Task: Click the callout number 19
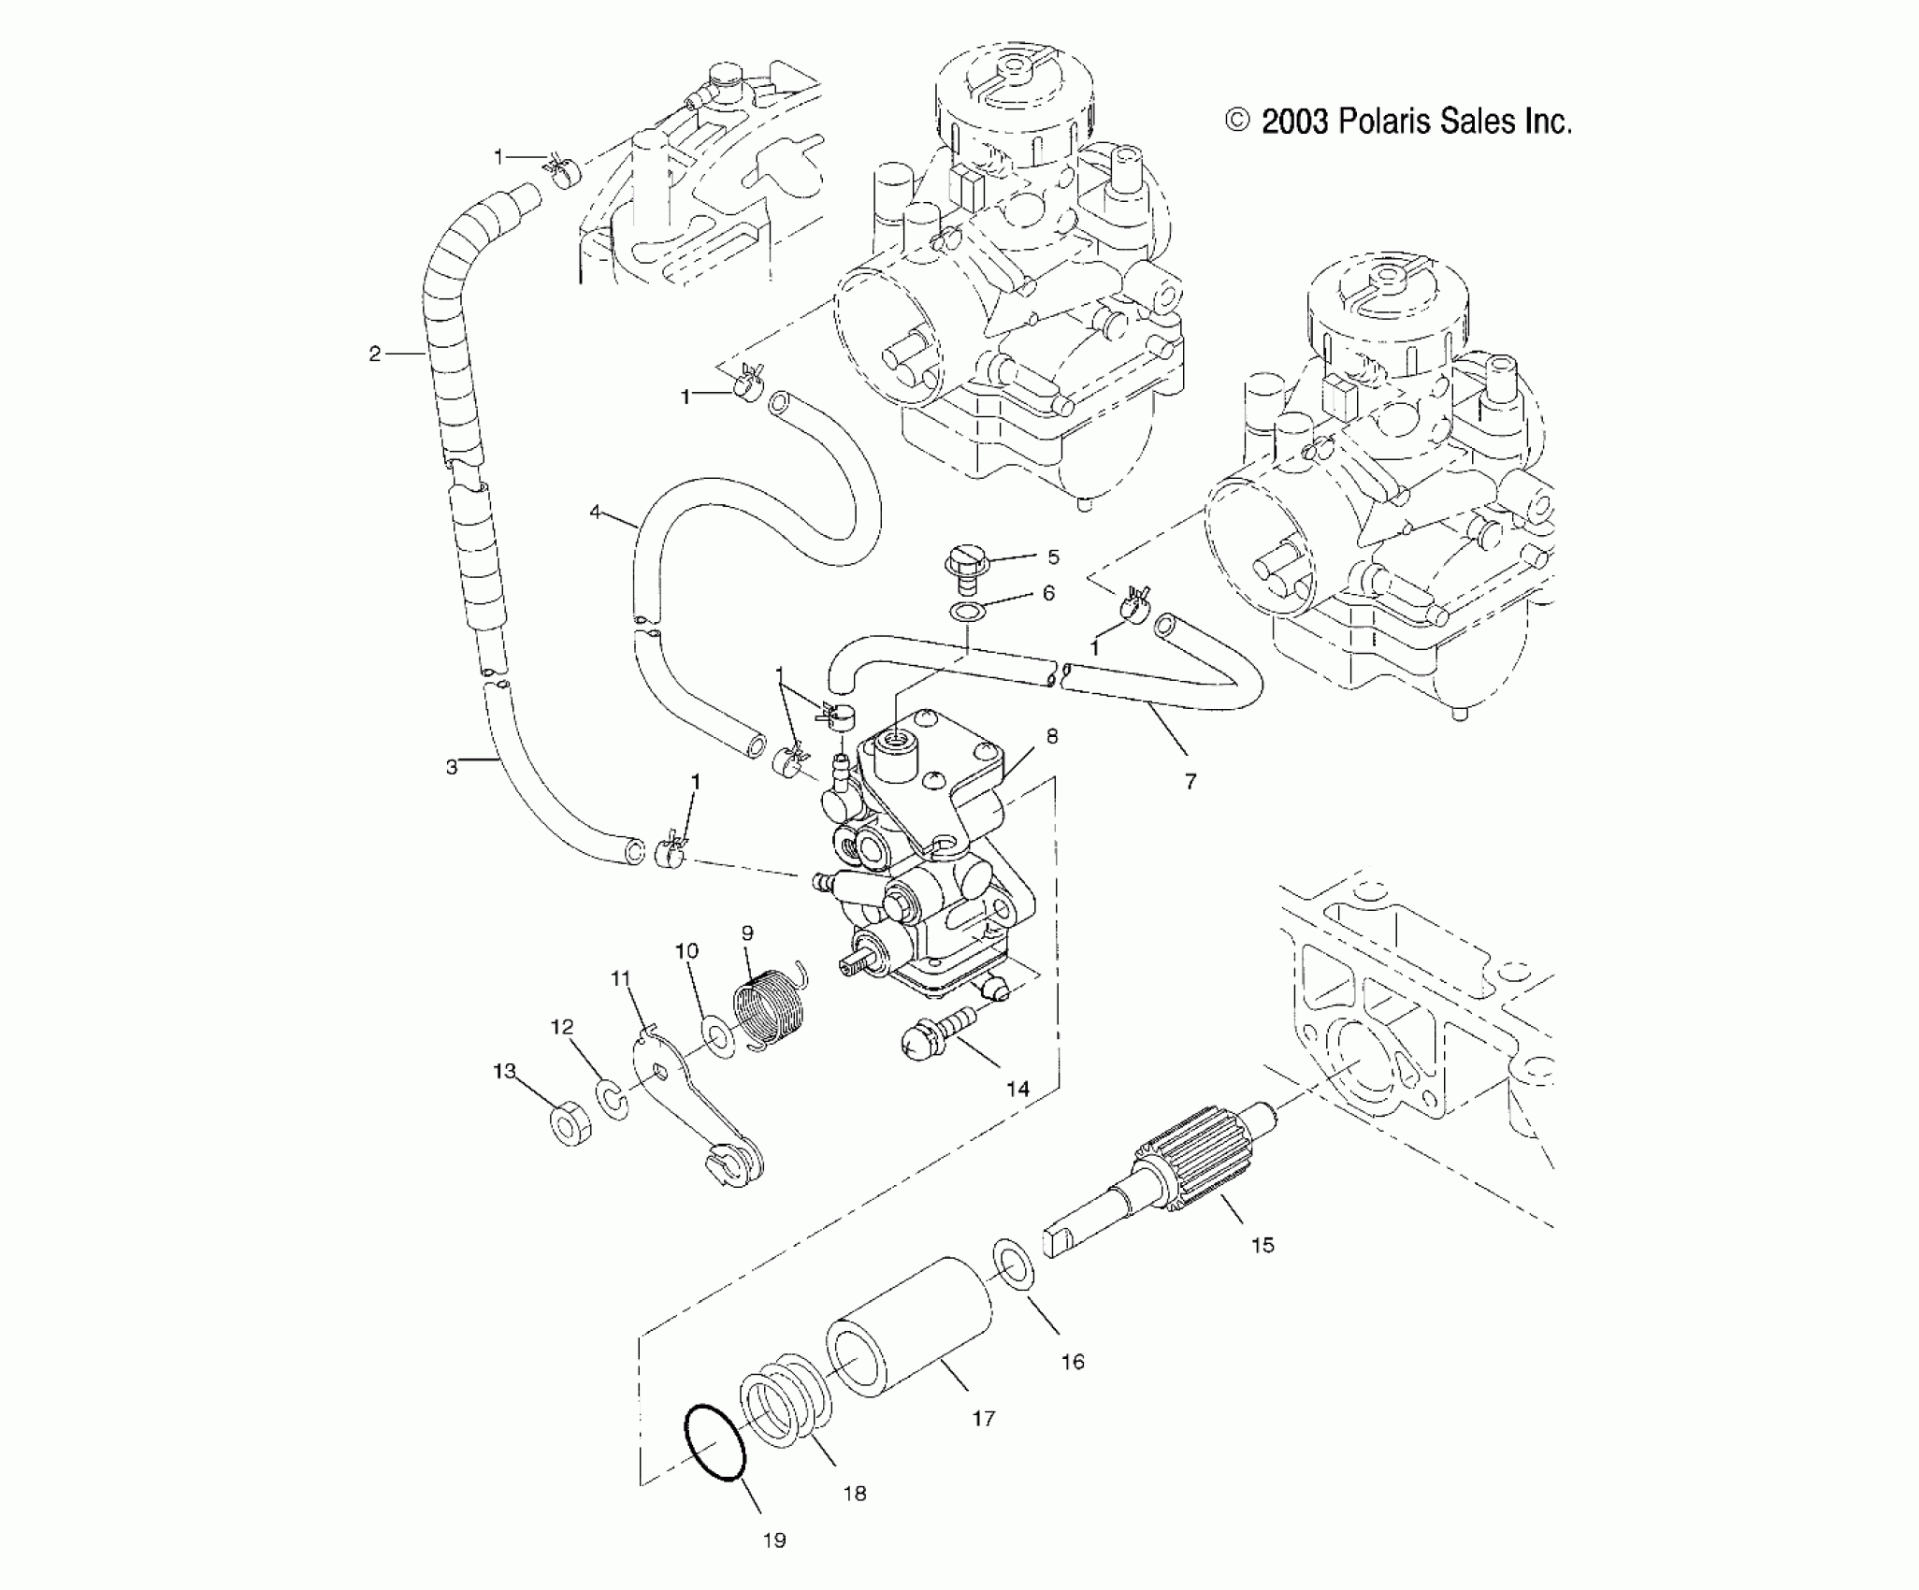pos(773,1539)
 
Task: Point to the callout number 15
pos(1262,1245)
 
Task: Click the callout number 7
pos(1190,781)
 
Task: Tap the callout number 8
pos(1052,736)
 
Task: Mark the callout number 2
pos(375,354)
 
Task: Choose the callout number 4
pos(596,512)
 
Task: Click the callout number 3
pos(452,767)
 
